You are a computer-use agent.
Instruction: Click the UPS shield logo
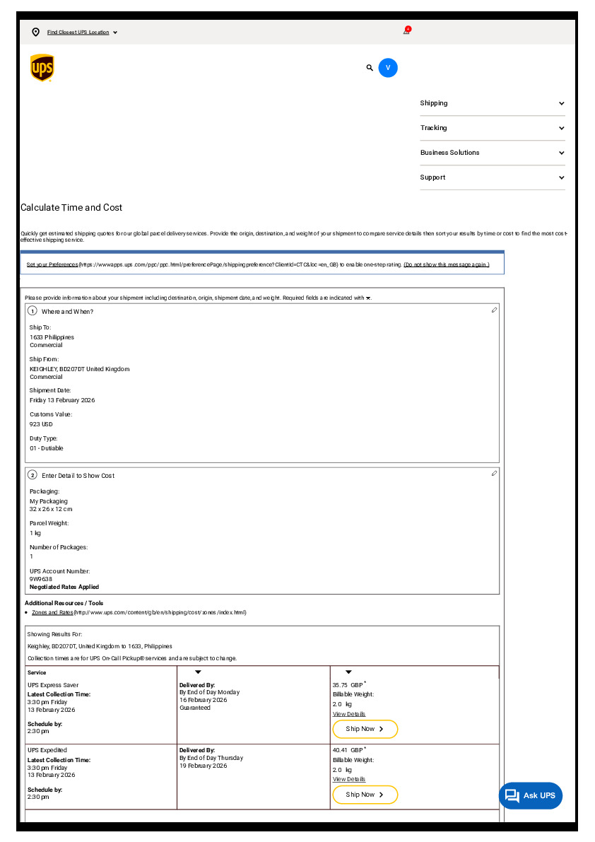(x=42, y=68)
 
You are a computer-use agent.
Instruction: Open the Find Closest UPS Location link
(x=78, y=33)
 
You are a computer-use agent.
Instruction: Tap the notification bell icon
(x=406, y=31)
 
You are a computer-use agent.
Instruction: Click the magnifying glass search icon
(x=370, y=68)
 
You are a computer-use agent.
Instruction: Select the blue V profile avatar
(x=388, y=68)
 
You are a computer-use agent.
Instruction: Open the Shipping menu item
(x=434, y=103)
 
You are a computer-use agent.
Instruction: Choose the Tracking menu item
(x=433, y=128)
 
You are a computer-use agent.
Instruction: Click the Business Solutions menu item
(x=449, y=153)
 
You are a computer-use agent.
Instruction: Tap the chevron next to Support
(x=561, y=177)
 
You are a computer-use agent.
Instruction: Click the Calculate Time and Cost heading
(x=71, y=208)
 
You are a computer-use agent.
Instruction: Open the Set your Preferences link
(x=52, y=264)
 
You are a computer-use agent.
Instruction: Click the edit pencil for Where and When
(x=494, y=310)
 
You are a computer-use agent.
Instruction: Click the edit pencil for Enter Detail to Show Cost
(x=494, y=474)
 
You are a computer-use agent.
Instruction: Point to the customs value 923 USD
(x=41, y=424)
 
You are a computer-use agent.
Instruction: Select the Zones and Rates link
(x=52, y=612)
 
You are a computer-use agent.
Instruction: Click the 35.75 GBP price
(x=347, y=685)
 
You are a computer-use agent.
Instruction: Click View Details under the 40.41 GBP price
(x=349, y=779)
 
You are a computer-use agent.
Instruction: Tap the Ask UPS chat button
(x=531, y=795)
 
